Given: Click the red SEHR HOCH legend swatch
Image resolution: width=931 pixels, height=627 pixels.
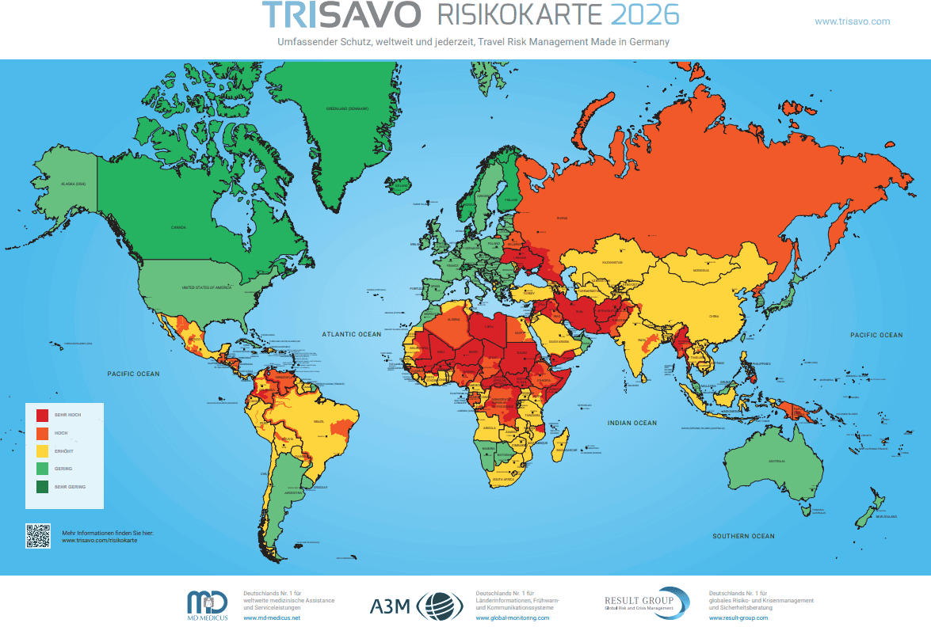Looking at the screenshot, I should [x=43, y=415].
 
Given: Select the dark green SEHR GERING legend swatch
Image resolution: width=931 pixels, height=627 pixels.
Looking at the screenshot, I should [x=43, y=487].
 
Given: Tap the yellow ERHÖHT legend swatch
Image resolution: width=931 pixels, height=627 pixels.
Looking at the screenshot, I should [x=43, y=450].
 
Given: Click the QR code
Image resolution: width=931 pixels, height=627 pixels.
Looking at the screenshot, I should [x=38, y=536].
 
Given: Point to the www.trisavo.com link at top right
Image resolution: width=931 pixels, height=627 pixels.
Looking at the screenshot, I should [x=852, y=21].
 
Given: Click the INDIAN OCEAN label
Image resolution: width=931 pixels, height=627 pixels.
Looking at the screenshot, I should [x=632, y=423].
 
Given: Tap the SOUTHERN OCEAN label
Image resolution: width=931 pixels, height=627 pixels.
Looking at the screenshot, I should [x=742, y=536].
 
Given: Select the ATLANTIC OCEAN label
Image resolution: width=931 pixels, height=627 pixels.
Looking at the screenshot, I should [x=351, y=334].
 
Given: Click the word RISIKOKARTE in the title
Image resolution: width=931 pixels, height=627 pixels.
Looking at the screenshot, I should [x=521, y=15].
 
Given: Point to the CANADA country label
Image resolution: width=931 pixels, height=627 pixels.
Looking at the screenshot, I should [x=178, y=227].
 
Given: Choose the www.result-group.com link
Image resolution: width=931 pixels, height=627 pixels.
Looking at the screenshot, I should [x=738, y=617].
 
